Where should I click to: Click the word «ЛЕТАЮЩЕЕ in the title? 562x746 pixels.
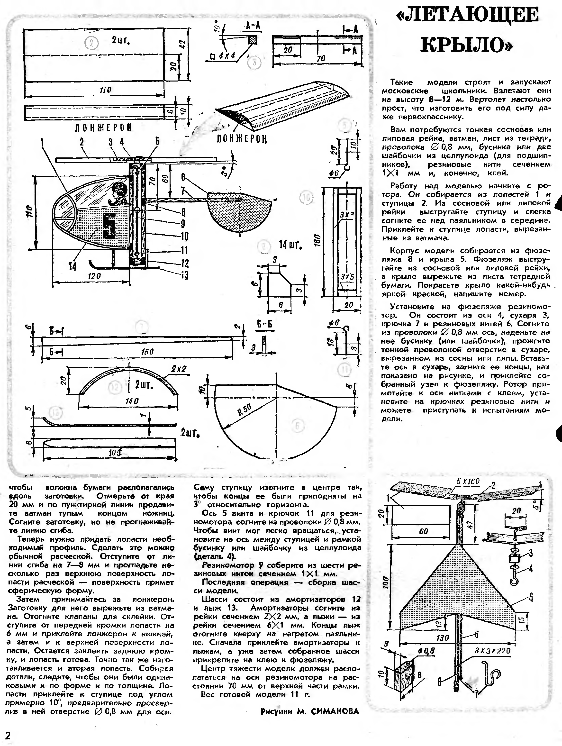[x=468, y=15]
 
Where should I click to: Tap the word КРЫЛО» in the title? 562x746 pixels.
[x=467, y=44]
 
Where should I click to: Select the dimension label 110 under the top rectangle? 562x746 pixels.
[x=105, y=90]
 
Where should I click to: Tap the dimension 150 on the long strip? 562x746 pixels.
[x=147, y=352]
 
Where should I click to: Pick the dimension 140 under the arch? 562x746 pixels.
[x=131, y=401]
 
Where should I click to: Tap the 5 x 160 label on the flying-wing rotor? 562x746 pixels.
[x=468, y=482]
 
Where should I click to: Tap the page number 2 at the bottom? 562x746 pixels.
[x=7, y=735]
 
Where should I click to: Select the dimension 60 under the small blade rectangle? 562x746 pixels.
[x=423, y=531]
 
